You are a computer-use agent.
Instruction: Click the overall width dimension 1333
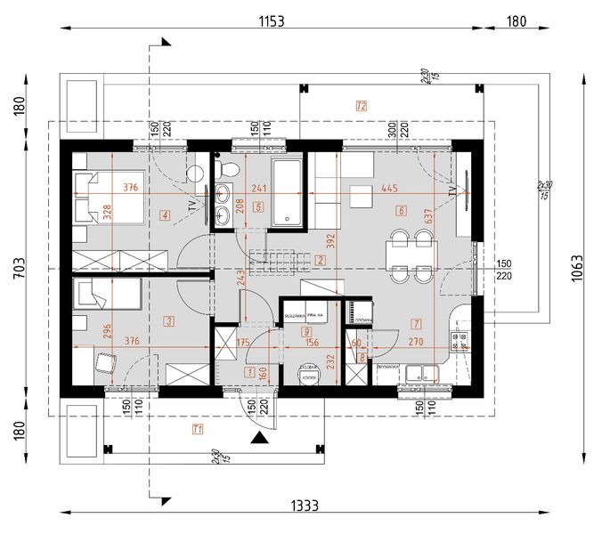(305, 505)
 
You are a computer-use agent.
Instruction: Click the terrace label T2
(361, 106)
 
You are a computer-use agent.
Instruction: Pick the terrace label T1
(198, 430)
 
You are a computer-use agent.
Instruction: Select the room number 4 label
(166, 214)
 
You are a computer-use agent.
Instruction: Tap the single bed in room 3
(107, 294)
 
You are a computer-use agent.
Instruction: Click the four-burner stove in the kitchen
(462, 342)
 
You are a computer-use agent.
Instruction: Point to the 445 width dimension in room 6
(388, 188)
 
